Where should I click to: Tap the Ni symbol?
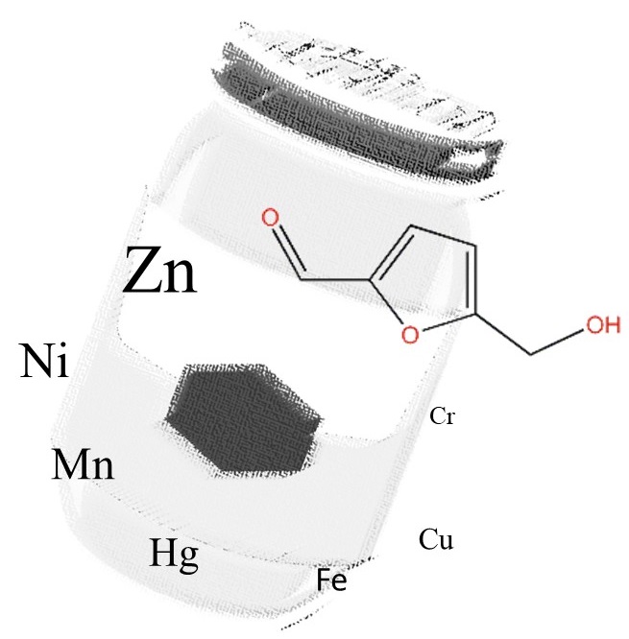tap(44, 364)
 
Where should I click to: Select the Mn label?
tap(83, 466)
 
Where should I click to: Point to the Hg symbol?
tap(174, 555)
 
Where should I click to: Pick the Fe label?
tap(331, 580)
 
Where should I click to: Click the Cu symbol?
tap(436, 540)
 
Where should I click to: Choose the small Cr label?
tap(443, 416)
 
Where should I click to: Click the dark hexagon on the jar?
tap(243, 417)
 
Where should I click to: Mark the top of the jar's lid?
tap(360, 53)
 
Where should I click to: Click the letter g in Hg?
tap(188, 558)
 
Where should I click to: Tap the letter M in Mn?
tap(69, 466)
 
